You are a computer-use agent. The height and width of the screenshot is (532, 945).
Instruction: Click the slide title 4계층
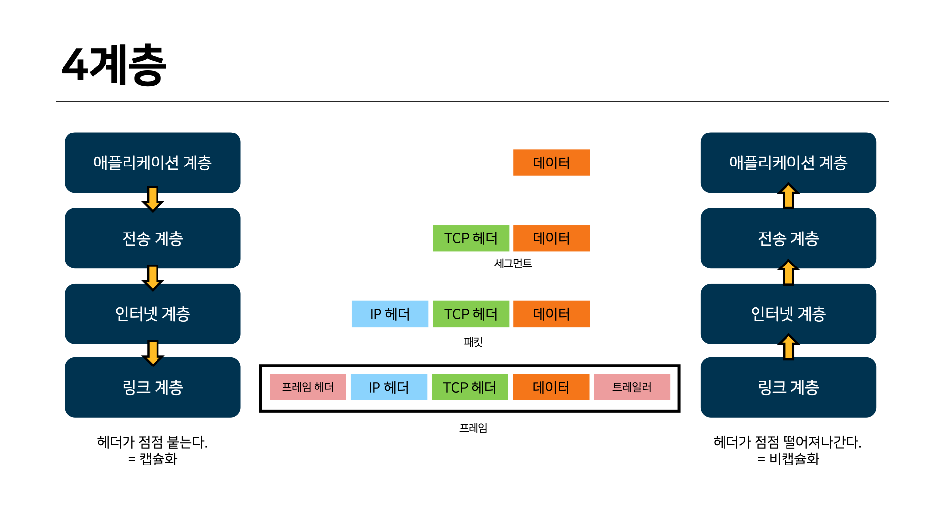(x=114, y=65)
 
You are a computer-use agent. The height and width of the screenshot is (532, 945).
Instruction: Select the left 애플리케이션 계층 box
(x=153, y=162)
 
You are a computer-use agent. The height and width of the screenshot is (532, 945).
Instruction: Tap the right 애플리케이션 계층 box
(x=788, y=162)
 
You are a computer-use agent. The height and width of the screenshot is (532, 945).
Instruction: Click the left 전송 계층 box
(x=153, y=238)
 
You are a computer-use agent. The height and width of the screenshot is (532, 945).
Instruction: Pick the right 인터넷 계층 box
(x=788, y=314)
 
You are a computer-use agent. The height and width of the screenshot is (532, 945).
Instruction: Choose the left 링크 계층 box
(x=153, y=387)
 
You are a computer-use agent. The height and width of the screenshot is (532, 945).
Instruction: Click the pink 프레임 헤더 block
(x=308, y=387)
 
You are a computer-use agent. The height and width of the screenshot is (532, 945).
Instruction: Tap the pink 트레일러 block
(x=632, y=387)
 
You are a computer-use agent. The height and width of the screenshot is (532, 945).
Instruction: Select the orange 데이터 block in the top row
(x=551, y=163)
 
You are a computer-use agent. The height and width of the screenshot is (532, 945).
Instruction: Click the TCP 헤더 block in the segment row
(x=471, y=238)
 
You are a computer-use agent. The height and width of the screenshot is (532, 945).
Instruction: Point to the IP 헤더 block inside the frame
(x=389, y=387)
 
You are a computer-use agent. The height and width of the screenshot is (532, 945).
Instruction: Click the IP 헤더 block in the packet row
(x=390, y=314)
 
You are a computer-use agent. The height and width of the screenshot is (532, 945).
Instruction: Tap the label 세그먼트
(x=513, y=264)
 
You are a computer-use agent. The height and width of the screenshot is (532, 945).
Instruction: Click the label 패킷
(x=473, y=342)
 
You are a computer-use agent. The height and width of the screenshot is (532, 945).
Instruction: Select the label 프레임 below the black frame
(x=473, y=428)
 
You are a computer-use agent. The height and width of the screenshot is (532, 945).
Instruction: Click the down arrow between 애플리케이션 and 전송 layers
(x=153, y=199)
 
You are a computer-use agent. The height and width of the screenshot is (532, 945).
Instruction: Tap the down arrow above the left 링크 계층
(x=153, y=353)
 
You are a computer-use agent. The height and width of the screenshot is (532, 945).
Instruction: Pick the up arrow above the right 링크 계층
(x=788, y=347)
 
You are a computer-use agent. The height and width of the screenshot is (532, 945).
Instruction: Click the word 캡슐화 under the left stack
(x=158, y=459)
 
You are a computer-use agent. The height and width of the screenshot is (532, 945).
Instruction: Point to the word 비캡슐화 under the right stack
(x=794, y=459)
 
